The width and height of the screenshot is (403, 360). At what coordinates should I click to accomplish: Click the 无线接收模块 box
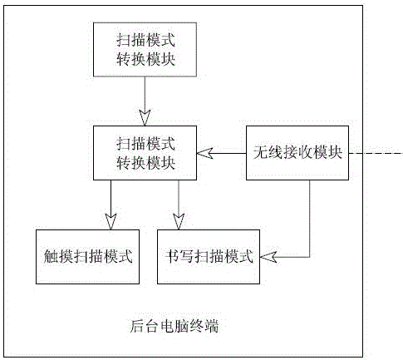(297, 153)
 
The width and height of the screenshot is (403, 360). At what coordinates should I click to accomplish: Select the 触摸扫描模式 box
(87, 257)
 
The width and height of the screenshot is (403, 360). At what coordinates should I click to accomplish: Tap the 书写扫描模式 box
(209, 257)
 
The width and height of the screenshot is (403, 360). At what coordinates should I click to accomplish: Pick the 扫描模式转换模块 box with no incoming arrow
(145, 50)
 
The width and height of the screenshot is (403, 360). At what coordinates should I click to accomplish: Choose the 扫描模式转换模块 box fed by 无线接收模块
(145, 153)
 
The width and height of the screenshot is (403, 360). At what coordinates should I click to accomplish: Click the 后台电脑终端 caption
(174, 326)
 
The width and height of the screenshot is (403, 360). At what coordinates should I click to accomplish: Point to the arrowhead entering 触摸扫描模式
(111, 221)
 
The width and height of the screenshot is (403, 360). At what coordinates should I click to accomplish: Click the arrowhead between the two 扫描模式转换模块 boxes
(145, 118)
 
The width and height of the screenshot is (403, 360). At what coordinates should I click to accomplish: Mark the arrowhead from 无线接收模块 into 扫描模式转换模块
(205, 153)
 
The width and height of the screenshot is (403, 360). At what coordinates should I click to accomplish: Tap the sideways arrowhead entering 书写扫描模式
(268, 257)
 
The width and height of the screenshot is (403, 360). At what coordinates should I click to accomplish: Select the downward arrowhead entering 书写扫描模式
(179, 221)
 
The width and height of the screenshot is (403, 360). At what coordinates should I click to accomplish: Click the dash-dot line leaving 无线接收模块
(376, 153)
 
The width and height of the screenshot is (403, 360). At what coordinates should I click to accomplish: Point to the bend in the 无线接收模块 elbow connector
(310, 257)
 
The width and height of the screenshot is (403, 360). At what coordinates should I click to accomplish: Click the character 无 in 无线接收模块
(261, 153)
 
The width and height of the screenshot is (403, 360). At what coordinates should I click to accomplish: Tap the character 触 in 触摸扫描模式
(51, 256)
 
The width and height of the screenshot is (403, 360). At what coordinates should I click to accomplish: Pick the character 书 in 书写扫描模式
(172, 256)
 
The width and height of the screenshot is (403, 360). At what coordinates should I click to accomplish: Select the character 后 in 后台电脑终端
(137, 326)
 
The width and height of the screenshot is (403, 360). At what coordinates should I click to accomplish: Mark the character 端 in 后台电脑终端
(212, 326)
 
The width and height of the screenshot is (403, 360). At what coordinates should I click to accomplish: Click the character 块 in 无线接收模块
(335, 153)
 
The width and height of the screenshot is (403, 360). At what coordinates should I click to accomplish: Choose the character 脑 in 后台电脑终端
(182, 326)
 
